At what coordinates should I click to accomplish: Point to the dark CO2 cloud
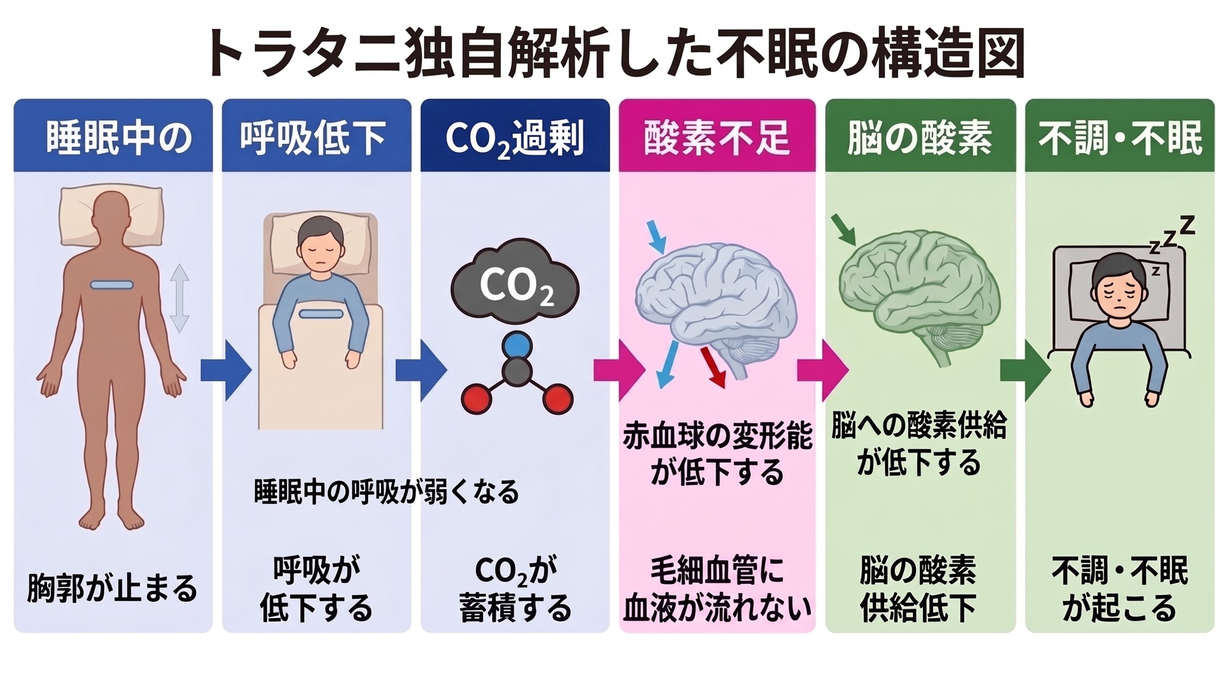point(515,282)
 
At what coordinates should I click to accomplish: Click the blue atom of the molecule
point(517,345)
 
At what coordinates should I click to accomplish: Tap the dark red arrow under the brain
point(713,367)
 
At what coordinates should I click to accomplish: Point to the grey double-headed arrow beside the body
point(179,298)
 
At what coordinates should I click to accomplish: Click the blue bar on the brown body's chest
point(112,285)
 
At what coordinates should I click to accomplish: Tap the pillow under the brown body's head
point(112,217)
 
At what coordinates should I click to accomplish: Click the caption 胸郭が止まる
point(113,588)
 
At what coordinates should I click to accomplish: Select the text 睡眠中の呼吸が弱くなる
point(386,492)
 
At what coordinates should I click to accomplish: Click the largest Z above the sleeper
point(1187,225)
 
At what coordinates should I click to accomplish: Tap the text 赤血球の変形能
point(717,437)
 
